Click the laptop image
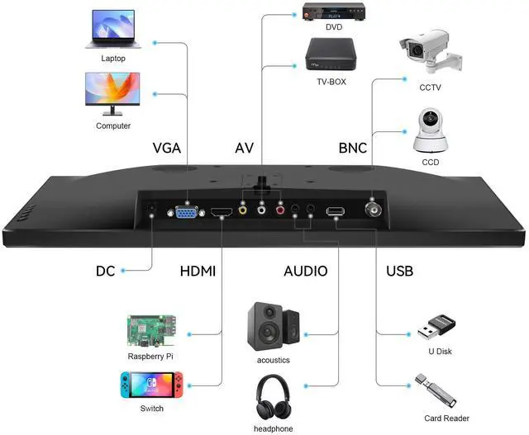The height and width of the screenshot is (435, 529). click(113, 29)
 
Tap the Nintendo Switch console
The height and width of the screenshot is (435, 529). click(151, 385)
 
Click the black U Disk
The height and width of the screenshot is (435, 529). click(434, 329)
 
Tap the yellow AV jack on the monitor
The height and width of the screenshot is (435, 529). click(242, 211)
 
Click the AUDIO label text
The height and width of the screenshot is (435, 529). click(305, 271)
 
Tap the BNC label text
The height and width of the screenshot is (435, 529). click(352, 149)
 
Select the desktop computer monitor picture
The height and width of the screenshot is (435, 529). click(113, 94)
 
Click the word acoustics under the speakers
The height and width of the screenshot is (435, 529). click(273, 361)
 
